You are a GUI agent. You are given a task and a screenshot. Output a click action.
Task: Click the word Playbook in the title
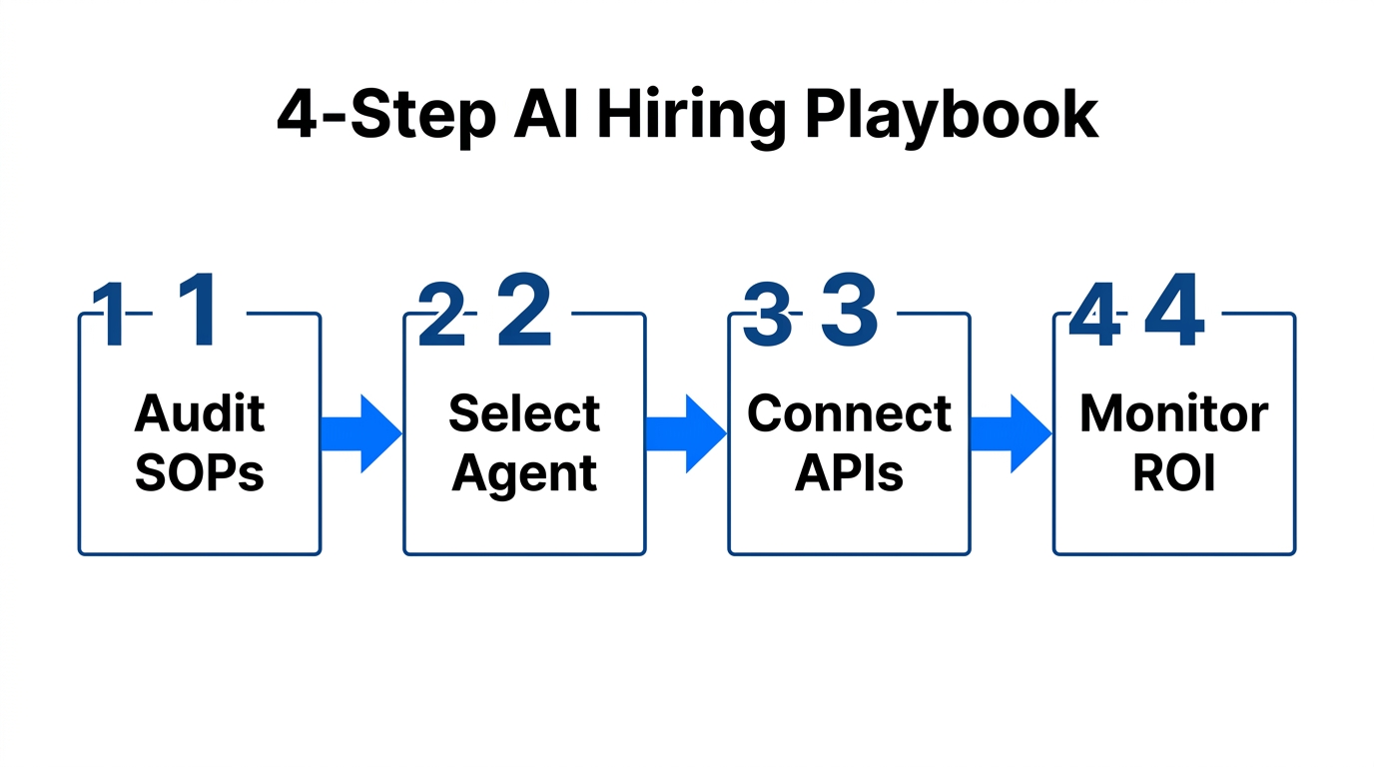[x=951, y=118]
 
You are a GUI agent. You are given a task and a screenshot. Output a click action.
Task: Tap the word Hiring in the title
[x=691, y=118]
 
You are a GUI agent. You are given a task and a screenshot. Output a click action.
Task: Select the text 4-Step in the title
[x=385, y=118]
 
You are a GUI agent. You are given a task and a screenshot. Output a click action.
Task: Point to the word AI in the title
[x=548, y=116]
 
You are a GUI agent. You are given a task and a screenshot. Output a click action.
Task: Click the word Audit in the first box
[x=200, y=413]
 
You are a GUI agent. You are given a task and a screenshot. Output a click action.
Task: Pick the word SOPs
[x=200, y=473]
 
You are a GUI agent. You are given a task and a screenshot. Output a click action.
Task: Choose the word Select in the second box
[x=524, y=413]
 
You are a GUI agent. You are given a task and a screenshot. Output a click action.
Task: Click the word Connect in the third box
[x=849, y=413]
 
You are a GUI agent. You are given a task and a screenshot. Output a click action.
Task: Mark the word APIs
[x=849, y=473]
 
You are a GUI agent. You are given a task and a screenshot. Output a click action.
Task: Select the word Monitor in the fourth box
[x=1173, y=413]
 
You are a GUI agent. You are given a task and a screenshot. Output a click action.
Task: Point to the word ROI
[x=1173, y=473]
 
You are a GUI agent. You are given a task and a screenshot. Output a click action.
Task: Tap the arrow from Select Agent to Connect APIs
[x=686, y=433]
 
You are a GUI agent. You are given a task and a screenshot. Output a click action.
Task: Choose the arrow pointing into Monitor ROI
[x=1011, y=433]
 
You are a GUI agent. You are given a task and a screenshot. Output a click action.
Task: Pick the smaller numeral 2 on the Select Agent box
[x=441, y=316]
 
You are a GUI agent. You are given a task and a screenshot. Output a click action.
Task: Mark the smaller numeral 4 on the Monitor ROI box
[x=1093, y=316]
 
